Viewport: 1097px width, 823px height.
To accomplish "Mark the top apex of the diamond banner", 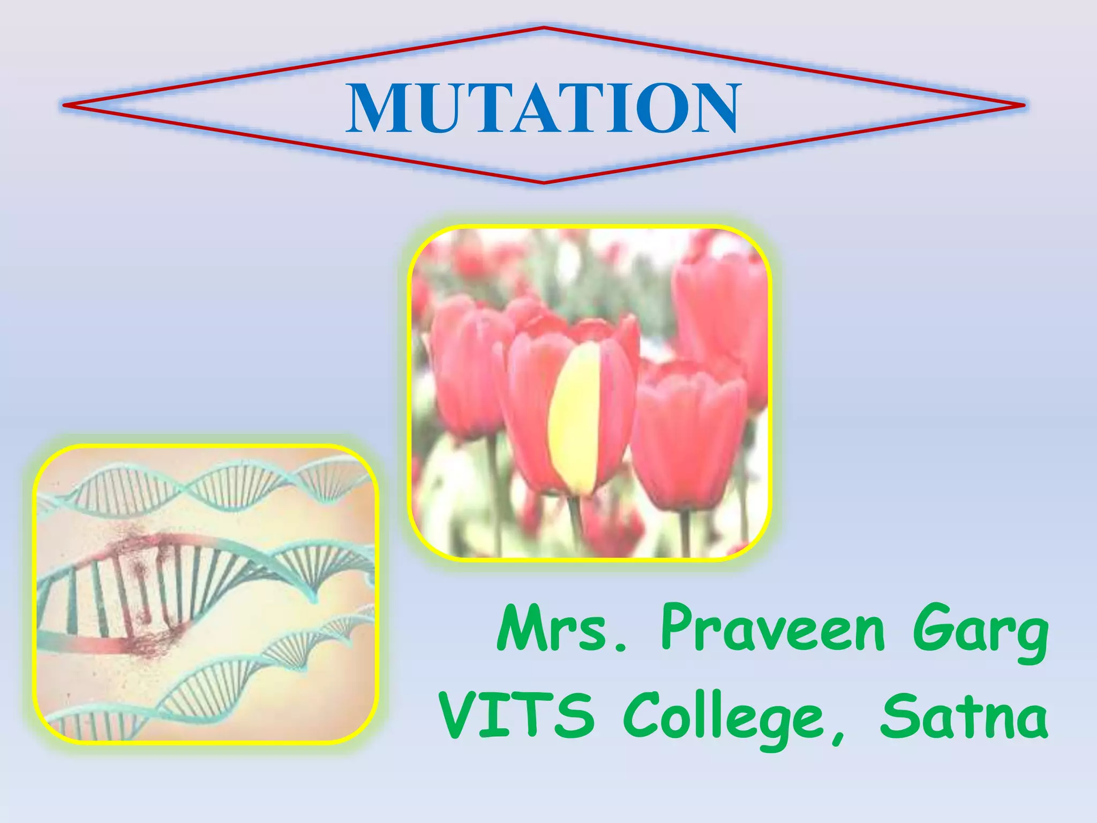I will coord(544,27).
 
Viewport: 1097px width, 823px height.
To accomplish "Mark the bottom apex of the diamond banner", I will coord(544,183).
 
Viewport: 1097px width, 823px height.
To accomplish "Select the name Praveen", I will coord(771,628).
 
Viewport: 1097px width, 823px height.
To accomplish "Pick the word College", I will coord(723,718).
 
